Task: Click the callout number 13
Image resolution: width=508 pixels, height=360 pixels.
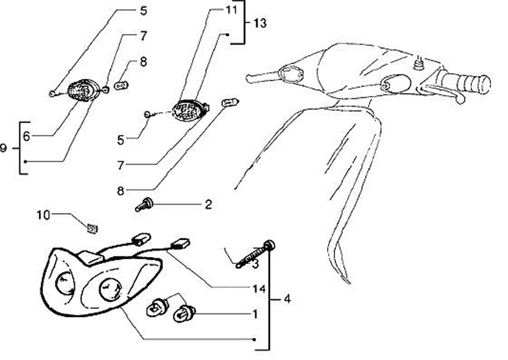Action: (259, 23)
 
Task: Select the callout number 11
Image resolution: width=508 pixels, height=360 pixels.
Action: (232, 10)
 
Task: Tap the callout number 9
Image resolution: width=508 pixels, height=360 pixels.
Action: (4, 148)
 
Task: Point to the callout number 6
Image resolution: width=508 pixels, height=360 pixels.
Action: (26, 136)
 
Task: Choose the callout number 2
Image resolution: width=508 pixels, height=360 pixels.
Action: (208, 205)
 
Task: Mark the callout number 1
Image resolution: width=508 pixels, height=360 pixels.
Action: (255, 312)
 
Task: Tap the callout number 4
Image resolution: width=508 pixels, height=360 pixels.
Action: (286, 298)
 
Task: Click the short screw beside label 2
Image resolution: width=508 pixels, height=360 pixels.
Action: (143, 205)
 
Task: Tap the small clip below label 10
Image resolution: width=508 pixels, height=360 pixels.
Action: (91, 227)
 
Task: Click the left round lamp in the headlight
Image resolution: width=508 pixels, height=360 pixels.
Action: (65, 284)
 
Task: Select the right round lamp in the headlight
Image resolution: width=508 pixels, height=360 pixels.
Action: (111, 289)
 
